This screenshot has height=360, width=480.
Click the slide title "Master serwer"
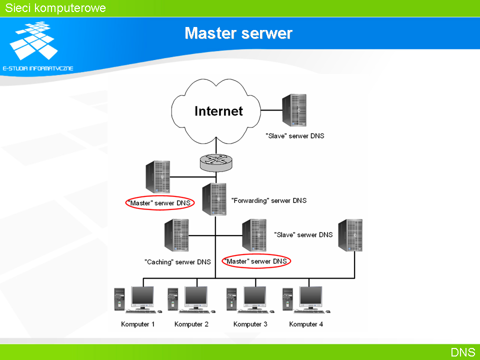(238, 33)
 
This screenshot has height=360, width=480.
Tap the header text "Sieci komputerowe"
(55, 8)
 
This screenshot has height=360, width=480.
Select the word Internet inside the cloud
(218, 111)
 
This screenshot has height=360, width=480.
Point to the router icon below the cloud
(216, 162)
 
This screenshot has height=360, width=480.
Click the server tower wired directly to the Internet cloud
(294, 110)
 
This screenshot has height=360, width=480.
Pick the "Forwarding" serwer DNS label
(269, 200)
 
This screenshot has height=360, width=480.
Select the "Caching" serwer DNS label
(177, 262)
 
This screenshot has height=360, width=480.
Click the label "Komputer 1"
(138, 324)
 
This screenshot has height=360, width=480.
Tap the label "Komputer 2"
(191, 324)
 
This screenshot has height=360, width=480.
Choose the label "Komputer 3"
(250, 324)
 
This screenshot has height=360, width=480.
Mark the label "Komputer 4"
(306, 324)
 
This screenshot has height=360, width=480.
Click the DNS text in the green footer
(463, 352)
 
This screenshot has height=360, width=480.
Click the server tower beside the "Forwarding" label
(214, 199)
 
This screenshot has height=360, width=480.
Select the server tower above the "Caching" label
(176, 235)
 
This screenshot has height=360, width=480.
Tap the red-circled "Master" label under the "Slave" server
(256, 261)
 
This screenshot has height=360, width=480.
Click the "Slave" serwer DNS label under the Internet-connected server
(295, 136)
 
